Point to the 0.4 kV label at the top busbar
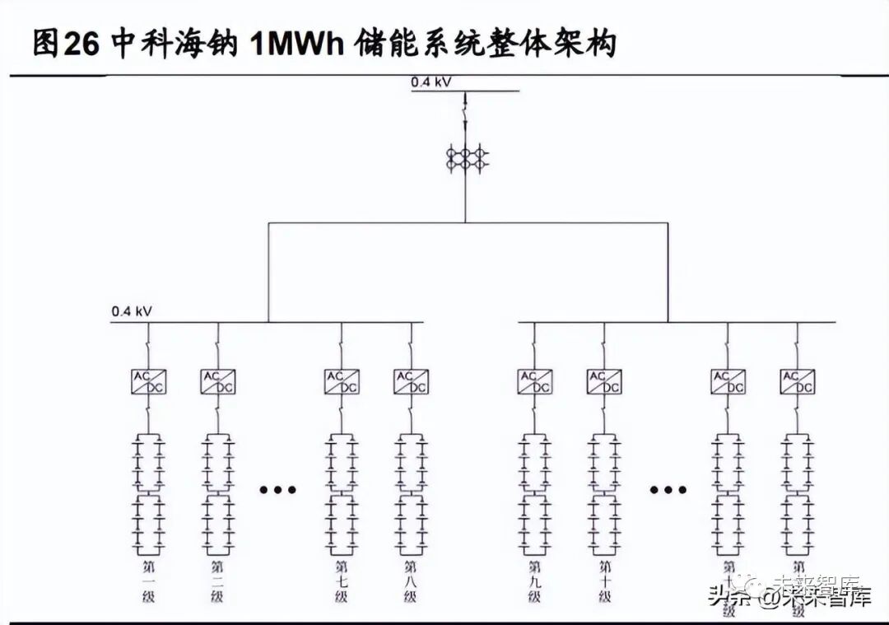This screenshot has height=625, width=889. pyautogui.click(x=431, y=81)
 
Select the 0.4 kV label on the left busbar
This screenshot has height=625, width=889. pyautogui.click(x=132, y=312)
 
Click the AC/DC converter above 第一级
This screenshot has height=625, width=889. pyautogui.click(x=149, y=381)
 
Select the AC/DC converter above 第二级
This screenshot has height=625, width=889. pyautogui.click(x=218, y=381)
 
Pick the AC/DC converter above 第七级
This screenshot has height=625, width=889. pyautogui.click(x=342, y=381)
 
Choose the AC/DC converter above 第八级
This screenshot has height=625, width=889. pyautogui.click(x=411, y=381)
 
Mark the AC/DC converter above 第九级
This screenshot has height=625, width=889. pyautogui.click(x=535, y=381)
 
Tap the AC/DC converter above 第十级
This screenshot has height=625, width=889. pyautogui.click(x=604, y=381)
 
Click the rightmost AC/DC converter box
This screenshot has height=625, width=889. pyautogui.click(x=798, y=381)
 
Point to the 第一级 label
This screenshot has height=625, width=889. pyautogui.click(x=149, y=581)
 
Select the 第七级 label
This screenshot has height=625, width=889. pyautogui.click(x=342, y=581)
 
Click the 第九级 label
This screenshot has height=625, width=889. pyautogui.click(x=535, y=581)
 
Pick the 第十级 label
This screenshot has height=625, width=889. pyautogui.click(x=604, y=581)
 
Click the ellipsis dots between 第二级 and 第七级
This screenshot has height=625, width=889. pyautogui.click(x=277, y=490)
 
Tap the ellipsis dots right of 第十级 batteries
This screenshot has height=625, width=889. pyautogui.click(x=668, y=490)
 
